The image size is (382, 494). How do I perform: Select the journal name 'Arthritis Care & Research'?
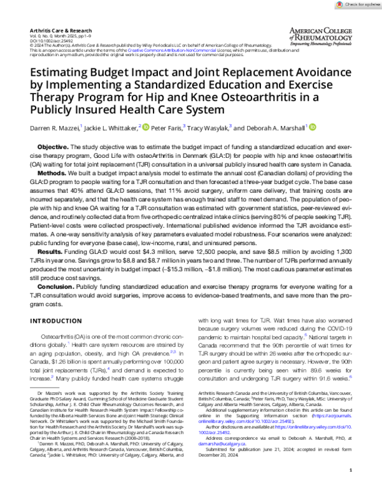click(x=55, y=30)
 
